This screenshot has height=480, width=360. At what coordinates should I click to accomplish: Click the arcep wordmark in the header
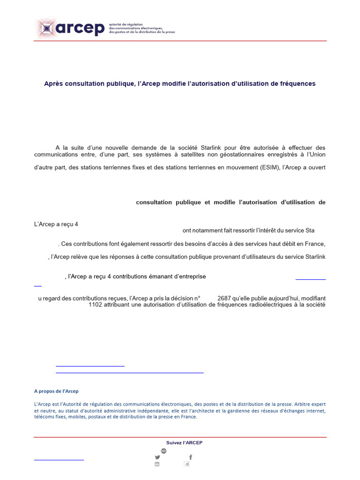click(x=80, y=28)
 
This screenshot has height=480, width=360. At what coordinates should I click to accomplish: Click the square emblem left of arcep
click(x=45, y=28)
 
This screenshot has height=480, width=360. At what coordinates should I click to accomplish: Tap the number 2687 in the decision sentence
click(x=227, y=298)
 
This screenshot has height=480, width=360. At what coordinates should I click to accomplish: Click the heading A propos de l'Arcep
click(x=56, y=391)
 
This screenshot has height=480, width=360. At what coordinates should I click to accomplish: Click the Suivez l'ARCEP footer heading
click(x=184, y=442)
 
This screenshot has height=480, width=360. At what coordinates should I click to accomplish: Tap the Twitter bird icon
click(x=157, y=457)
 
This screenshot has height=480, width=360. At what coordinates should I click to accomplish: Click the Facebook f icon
click(x=190, y=457)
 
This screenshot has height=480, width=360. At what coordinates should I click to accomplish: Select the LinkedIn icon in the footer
click(x=157, y=464)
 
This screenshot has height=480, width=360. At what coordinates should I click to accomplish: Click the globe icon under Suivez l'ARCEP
click(x=164, y=450)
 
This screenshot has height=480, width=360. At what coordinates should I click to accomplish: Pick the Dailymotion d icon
click(x=187, y=464)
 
